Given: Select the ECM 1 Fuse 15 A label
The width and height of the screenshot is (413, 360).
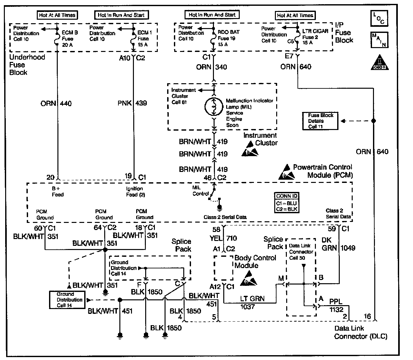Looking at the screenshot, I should click(143, 39).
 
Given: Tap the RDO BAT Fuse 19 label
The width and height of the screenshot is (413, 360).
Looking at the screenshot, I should click(227, 38).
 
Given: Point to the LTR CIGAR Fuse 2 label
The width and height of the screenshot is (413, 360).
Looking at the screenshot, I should click(315, 37).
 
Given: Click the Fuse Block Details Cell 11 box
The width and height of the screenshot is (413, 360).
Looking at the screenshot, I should click(320, 121).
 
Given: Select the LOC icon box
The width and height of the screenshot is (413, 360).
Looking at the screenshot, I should click(379, 18).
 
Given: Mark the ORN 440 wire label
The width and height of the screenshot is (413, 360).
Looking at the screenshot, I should click(56, 104).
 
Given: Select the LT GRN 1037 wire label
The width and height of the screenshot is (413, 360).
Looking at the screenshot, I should click(252, 302).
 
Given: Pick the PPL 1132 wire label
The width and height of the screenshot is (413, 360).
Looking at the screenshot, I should click(336, 305).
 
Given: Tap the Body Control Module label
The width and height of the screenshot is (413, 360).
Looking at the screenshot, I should click(255, 262).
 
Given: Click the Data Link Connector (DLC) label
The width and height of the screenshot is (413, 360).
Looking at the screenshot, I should click(360, 333).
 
